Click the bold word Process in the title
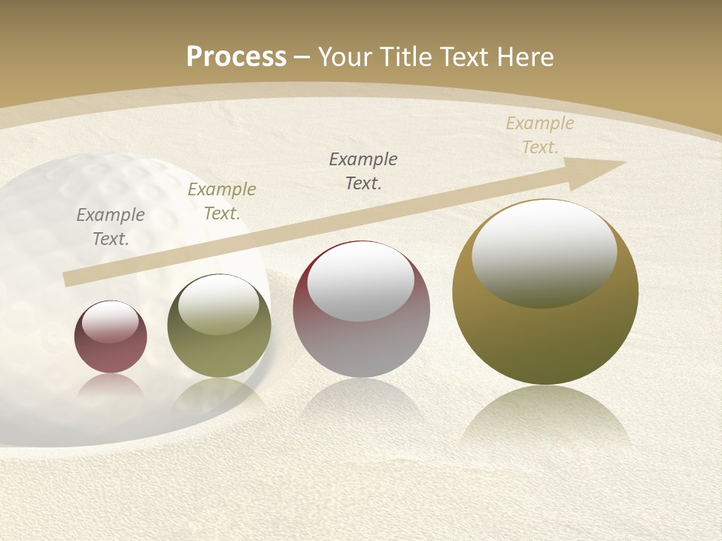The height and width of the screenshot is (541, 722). click(236, 57)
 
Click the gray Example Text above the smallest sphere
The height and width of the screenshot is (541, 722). click(111, 227)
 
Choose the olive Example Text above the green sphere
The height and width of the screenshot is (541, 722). click(222, 201)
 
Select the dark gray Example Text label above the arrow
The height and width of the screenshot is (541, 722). click(363, 171)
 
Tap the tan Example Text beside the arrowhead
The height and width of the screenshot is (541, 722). click(540, 135)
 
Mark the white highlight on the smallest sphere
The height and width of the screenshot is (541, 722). click(111, 322)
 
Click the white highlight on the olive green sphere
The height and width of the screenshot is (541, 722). click(219, 304)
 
